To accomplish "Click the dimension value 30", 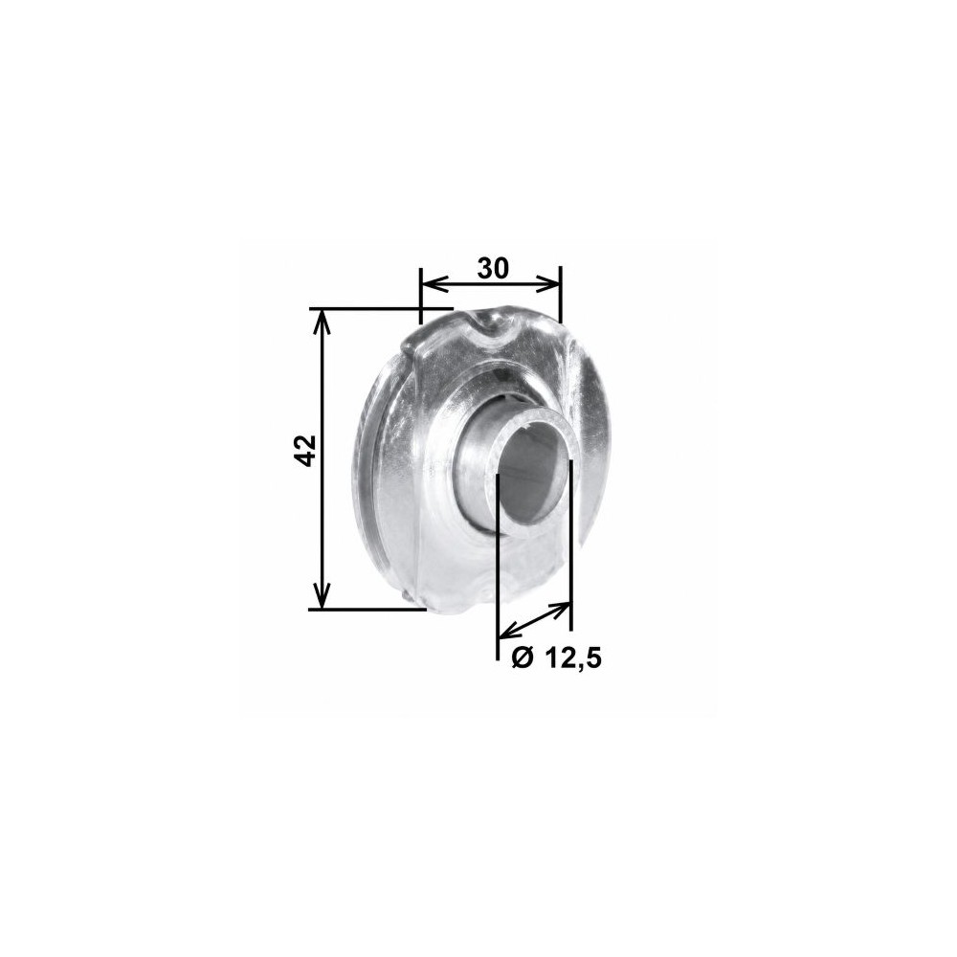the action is pos(493,268).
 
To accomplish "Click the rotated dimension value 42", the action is pos(305,451).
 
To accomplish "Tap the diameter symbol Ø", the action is pos(523,657).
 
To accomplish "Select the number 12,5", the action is pos(572,658).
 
